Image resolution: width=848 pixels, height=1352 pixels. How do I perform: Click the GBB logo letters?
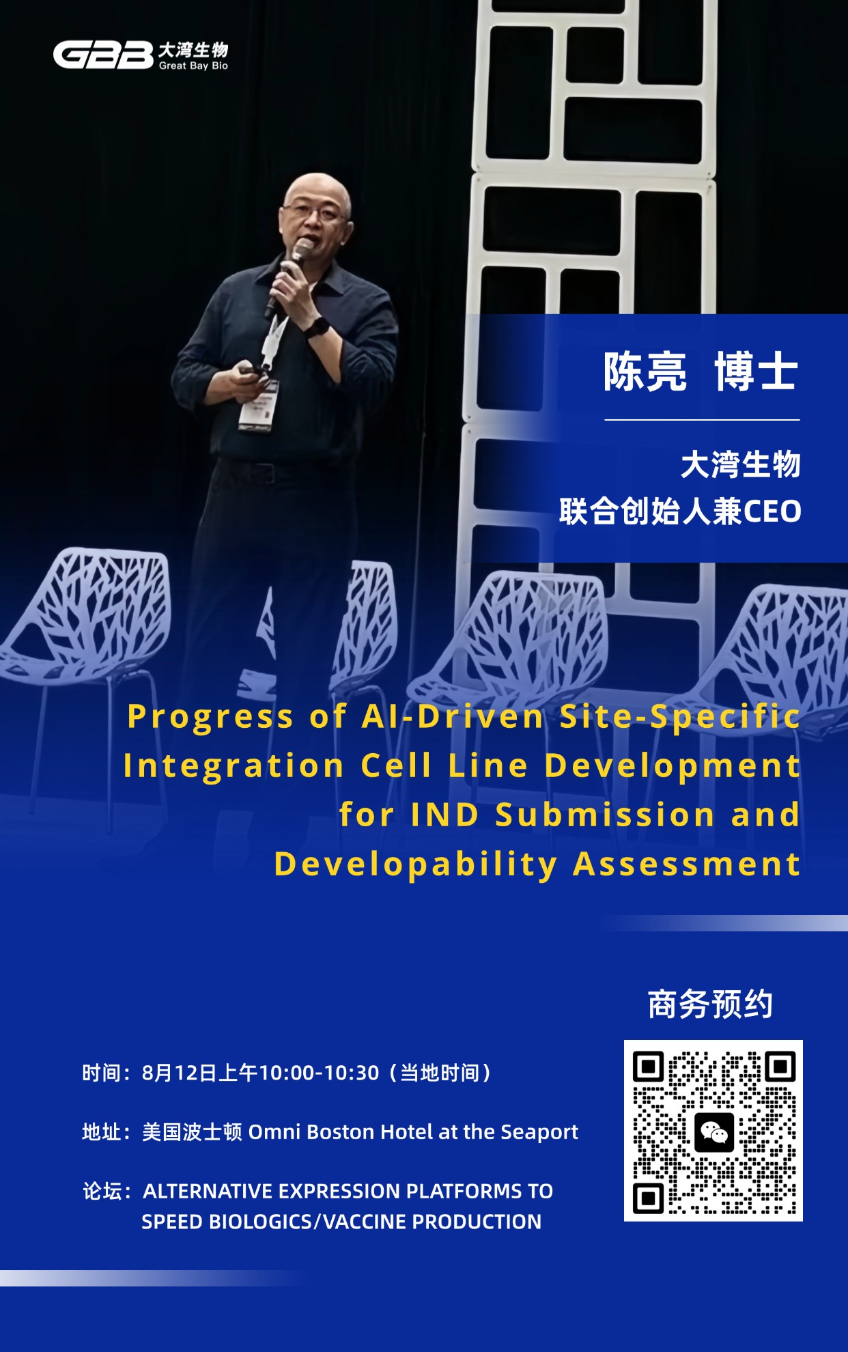pyautogui.click(x=103, y=55)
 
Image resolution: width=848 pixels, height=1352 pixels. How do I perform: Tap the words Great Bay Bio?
pyautogui.click(x=193, y=66)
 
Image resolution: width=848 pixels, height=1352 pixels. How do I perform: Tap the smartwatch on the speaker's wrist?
pyautogui.click(x=316, y=327)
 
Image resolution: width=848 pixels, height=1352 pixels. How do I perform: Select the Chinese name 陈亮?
pyautogui.click(x=645, y=372)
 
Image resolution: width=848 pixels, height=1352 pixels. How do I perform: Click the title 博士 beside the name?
pyautogui.click(x=756, y=372)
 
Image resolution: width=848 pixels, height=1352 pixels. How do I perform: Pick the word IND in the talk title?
pyautogui.click(x=444, y=815)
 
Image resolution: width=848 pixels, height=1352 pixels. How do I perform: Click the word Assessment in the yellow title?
pyautogui.click(x=686, y=864)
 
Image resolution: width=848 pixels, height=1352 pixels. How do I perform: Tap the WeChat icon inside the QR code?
pyautogui.click(x=714, y=1132)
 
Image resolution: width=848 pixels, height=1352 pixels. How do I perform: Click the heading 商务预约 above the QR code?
pyautogui.click(x=710, y=1004)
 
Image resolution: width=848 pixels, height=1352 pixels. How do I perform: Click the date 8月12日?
pyautogui.click(x=180, y=1073)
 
